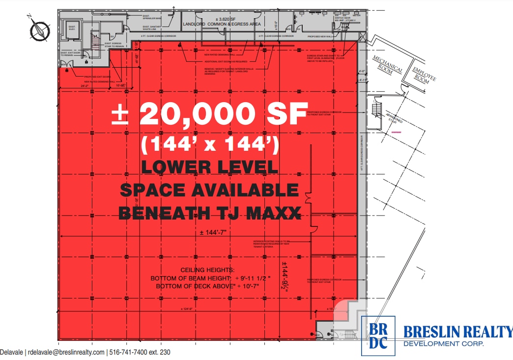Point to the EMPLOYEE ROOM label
click(x=421, y=74)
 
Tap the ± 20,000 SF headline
click(x=210, y=113)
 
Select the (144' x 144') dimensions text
click(x=210, y=144)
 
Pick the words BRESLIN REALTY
click(x=457, y=332)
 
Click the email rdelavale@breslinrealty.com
click(x=66, y=353)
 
